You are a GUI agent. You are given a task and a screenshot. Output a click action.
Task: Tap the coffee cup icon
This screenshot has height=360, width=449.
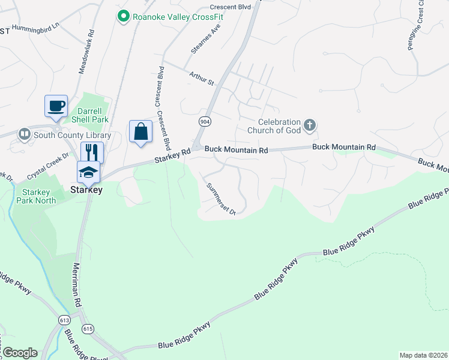pyautogui.click(x=56, y=106)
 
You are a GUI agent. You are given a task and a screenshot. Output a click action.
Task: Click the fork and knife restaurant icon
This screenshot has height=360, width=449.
pyautogui.click(x=92, y=151)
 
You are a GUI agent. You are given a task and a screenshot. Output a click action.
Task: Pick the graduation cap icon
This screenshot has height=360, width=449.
pyautogui.click(x=88, y=172)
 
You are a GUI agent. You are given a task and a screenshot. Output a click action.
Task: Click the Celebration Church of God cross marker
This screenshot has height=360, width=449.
pyautogui.click(x=310, y=125)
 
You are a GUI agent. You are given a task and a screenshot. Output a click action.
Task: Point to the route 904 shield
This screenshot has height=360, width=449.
pyautogui.click(x=205, y=121)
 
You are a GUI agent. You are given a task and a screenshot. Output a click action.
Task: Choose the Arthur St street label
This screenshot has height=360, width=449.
pyautogui.click(x=202, y=78)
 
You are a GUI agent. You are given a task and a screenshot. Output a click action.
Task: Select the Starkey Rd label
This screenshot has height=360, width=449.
pyautogui.click(x=172, y=157)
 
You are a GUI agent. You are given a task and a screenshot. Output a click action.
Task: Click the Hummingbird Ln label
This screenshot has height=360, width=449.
pyautogui.click(x=37, y=27)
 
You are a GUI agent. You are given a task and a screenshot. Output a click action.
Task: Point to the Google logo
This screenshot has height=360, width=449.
pyautogui.click(x=20, y=352)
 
